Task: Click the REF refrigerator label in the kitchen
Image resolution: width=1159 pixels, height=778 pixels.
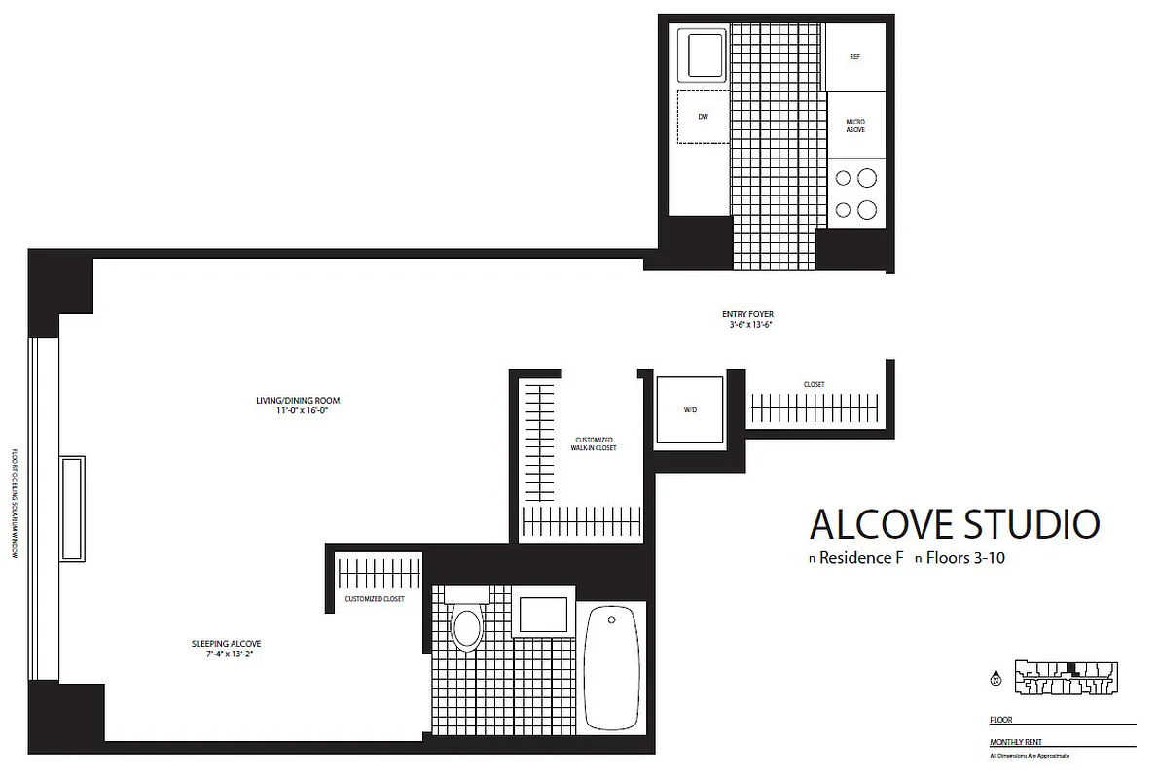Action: [854, 57]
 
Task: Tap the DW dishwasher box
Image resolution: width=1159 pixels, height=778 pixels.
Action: [703, 117]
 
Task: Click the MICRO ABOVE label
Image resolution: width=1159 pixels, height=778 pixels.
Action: [854, 125]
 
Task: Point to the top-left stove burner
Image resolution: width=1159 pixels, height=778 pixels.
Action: [844, 178]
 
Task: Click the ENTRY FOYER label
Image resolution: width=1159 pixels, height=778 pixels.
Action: [747, 314]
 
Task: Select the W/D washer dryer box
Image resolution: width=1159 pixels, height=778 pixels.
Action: [690, 410]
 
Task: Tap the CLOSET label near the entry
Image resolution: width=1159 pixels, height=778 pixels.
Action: [814, 385]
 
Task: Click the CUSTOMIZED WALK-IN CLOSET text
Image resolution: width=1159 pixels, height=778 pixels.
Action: [594, 443]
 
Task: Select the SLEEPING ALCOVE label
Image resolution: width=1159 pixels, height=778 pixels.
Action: [226, 644]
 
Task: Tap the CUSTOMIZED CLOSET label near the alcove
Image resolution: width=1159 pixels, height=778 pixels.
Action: [375, 599]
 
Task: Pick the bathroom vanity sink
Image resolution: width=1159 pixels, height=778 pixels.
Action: [542, 615]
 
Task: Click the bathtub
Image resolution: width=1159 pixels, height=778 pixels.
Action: [612, 668]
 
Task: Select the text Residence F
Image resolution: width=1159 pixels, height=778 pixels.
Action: [855, 559]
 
